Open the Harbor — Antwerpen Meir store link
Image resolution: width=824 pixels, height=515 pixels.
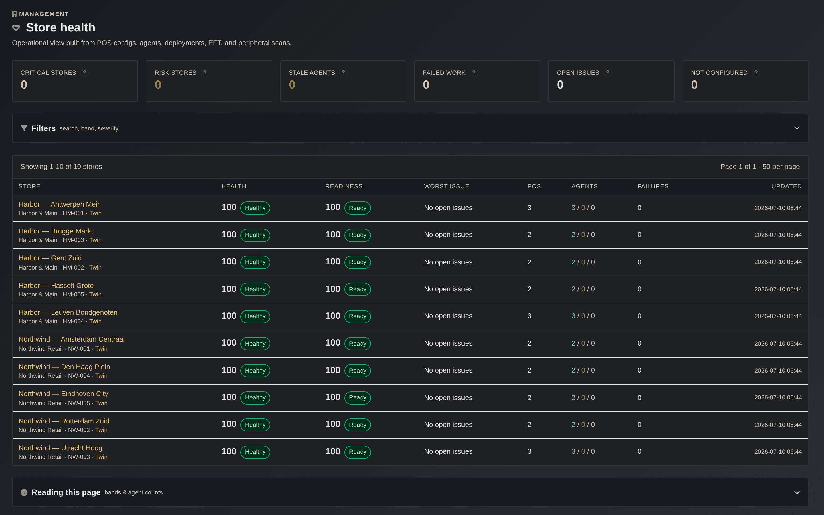coord(59,204)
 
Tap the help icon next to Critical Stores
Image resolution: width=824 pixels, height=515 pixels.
coord(84,73)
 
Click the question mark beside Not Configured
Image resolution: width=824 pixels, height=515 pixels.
coord(756,73)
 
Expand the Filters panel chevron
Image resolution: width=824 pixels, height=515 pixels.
coord(797,128)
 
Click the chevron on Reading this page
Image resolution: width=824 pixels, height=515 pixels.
coord(797,492)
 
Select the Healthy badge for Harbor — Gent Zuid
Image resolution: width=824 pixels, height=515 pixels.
coord(255,262)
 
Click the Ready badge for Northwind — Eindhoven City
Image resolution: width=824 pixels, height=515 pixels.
coord(358,397)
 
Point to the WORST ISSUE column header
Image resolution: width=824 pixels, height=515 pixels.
coord(446,186)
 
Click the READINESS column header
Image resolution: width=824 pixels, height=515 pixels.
coord(344,186)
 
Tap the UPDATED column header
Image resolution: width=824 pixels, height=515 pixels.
coord(787,186)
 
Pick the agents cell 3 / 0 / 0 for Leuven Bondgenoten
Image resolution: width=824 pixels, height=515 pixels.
coord(583,316)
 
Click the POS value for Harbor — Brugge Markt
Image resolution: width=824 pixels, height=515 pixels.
coord(530,235)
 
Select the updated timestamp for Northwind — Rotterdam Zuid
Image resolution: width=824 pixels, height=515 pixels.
coord(778,425)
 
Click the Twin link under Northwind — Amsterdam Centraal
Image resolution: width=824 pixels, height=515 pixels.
coord(101,349)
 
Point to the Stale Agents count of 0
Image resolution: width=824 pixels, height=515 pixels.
coord(292,85)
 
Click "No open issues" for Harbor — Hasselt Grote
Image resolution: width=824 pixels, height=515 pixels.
coord(448,289)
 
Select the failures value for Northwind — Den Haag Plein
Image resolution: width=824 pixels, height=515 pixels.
coord(639,370)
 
